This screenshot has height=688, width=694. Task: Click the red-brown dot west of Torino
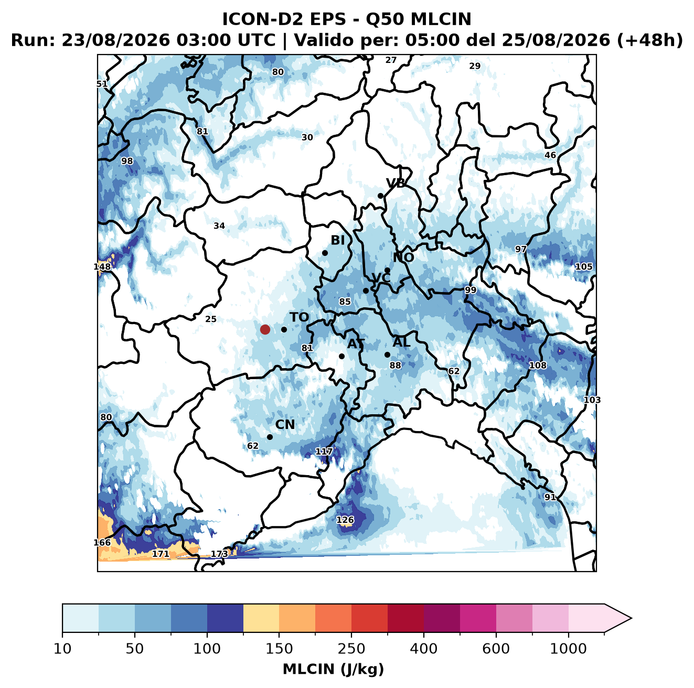(265, 329)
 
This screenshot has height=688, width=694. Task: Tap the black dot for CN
(270, 437)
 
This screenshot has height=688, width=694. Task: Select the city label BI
(337, 240)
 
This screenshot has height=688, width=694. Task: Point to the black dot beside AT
(341, 356)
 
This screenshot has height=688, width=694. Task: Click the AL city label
(401, 342)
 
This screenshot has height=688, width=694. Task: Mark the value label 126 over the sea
(345, 520)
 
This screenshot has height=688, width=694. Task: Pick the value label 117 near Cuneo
(324, 451)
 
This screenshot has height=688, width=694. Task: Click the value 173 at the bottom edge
(219, 554)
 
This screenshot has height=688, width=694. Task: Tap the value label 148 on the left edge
(102, 267)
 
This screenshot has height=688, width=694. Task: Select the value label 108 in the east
(538, 365)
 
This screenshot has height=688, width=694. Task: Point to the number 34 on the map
(219, 225)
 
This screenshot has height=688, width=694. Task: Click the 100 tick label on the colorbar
(207, 649)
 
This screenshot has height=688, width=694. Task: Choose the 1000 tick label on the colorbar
(568, 649)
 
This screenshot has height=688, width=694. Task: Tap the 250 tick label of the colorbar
(351, 649)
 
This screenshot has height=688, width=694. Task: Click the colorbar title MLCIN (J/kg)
(333, 669)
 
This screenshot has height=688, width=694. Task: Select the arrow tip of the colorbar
(632, 618)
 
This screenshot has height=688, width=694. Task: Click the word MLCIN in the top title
(441, 19)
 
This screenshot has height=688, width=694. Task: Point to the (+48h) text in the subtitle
(650, 40)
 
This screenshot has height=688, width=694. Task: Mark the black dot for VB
(380, 196)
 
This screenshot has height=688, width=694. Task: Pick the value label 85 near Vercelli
(345, 302)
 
